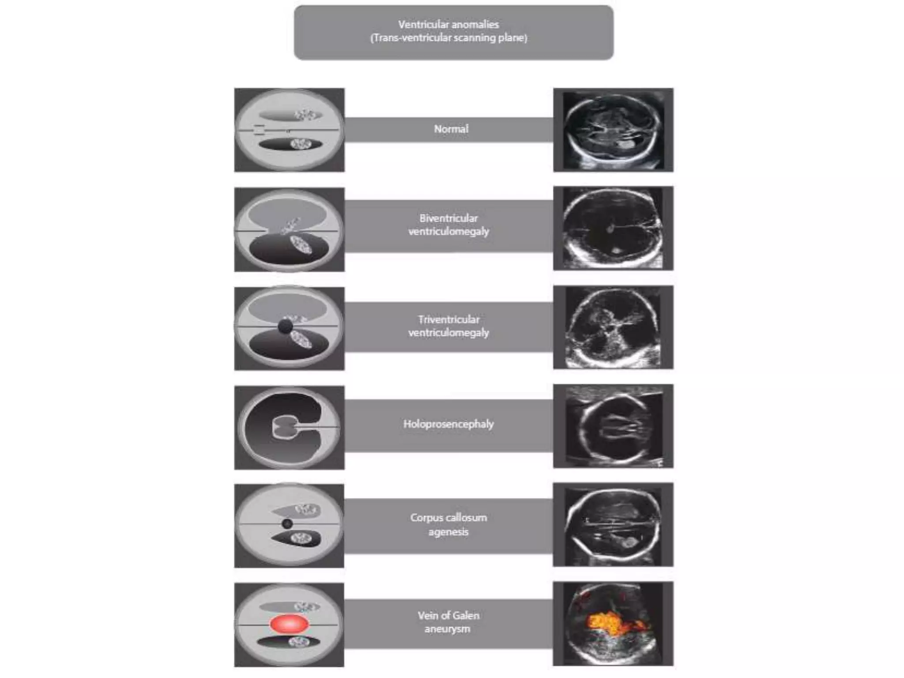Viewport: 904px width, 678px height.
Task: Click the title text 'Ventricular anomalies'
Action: click(448, 25)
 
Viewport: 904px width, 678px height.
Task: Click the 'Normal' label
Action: click(451, 129)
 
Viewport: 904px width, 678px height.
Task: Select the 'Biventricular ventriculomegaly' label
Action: click(448, 225)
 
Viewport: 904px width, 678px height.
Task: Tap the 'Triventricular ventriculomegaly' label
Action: click(448, 326)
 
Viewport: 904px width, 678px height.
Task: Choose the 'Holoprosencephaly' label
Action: click(448, 424)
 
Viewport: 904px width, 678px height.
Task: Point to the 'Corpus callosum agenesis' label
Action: click(448, 524)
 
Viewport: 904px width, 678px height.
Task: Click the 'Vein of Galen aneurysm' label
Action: click(448, 622)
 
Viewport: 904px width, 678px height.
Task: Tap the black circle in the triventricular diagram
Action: click(285, 327)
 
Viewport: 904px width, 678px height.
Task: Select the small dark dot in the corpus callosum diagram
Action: click(287, 524)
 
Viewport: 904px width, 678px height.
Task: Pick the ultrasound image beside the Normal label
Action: click(613, 130)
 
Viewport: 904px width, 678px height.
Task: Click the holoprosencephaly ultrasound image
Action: click(613, 426)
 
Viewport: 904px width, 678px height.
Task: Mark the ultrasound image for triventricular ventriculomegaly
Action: click(613, 327)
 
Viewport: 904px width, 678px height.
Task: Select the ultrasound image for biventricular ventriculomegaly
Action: click(613, 228)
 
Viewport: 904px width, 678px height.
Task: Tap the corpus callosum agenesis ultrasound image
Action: click(613, 524)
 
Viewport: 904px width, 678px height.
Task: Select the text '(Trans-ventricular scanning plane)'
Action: click(448, 38)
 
